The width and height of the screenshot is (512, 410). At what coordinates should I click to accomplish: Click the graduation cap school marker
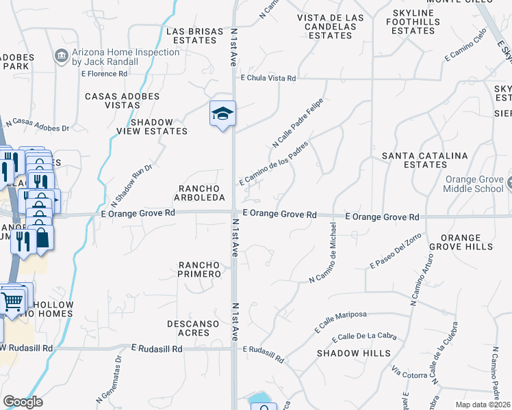click(x=222, y=114)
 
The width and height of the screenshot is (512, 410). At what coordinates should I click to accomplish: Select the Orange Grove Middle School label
click(x=474, y=184)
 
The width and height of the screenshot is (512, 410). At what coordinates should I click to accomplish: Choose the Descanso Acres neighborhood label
click(x=188, y=328)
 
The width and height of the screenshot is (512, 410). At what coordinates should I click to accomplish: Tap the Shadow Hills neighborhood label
click(x=354, y=353)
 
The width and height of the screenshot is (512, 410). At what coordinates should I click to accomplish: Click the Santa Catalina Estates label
click(x=424, y=160)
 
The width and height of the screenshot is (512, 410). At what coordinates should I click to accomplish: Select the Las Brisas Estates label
click(x=191, y=36)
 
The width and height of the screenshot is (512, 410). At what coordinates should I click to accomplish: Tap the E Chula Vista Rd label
click(x=268, y=79)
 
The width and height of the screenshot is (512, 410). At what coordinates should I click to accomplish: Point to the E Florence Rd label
click(x=104, y=73)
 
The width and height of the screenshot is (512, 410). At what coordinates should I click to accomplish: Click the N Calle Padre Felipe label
click(x=297, y=123)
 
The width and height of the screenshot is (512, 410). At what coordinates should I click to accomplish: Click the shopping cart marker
click(x=12, y=301)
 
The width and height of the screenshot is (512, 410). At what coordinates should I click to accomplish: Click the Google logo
click(x=23, y=402)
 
